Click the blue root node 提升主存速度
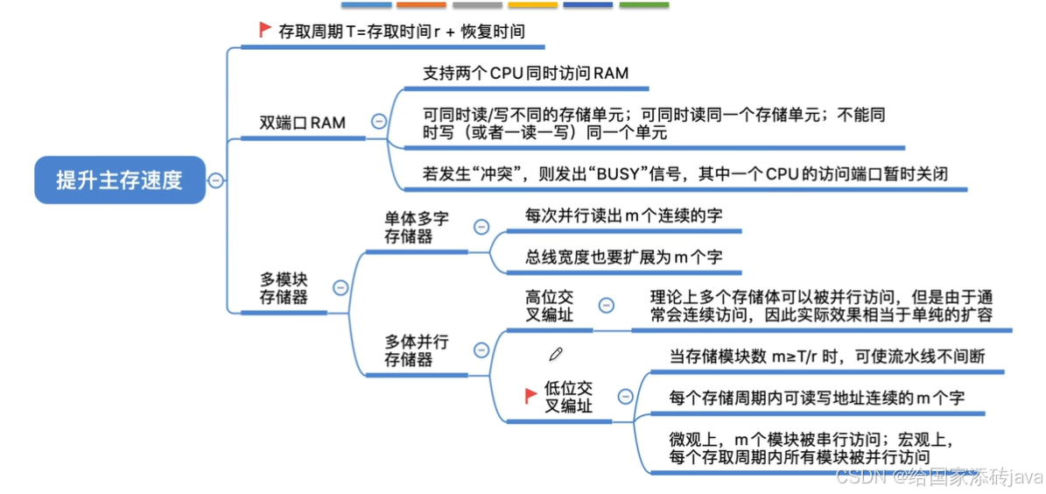click(119, 180)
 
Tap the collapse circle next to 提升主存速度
click(215, 180)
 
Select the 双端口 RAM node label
click(302, 123)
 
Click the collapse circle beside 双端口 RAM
click(378, 122)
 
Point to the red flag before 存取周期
click(265, 30)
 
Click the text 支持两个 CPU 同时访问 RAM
click(525, 74)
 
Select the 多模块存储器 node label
click(284, 288)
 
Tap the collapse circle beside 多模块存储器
click(340, 287)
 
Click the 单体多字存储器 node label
click(416, 227)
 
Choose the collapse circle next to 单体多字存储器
click(481, 227)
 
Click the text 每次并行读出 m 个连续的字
click(623, 215)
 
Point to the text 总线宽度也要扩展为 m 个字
click(623, 258)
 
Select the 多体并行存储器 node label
click(417, 349)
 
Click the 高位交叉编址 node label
click(549, 306)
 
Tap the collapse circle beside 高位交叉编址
click(606, 305)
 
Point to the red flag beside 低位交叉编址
click(530, 396)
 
